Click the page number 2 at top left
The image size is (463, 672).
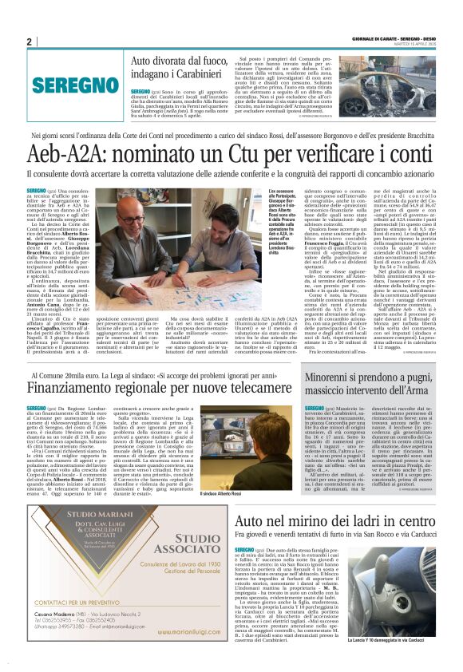(x=29, y=42)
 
